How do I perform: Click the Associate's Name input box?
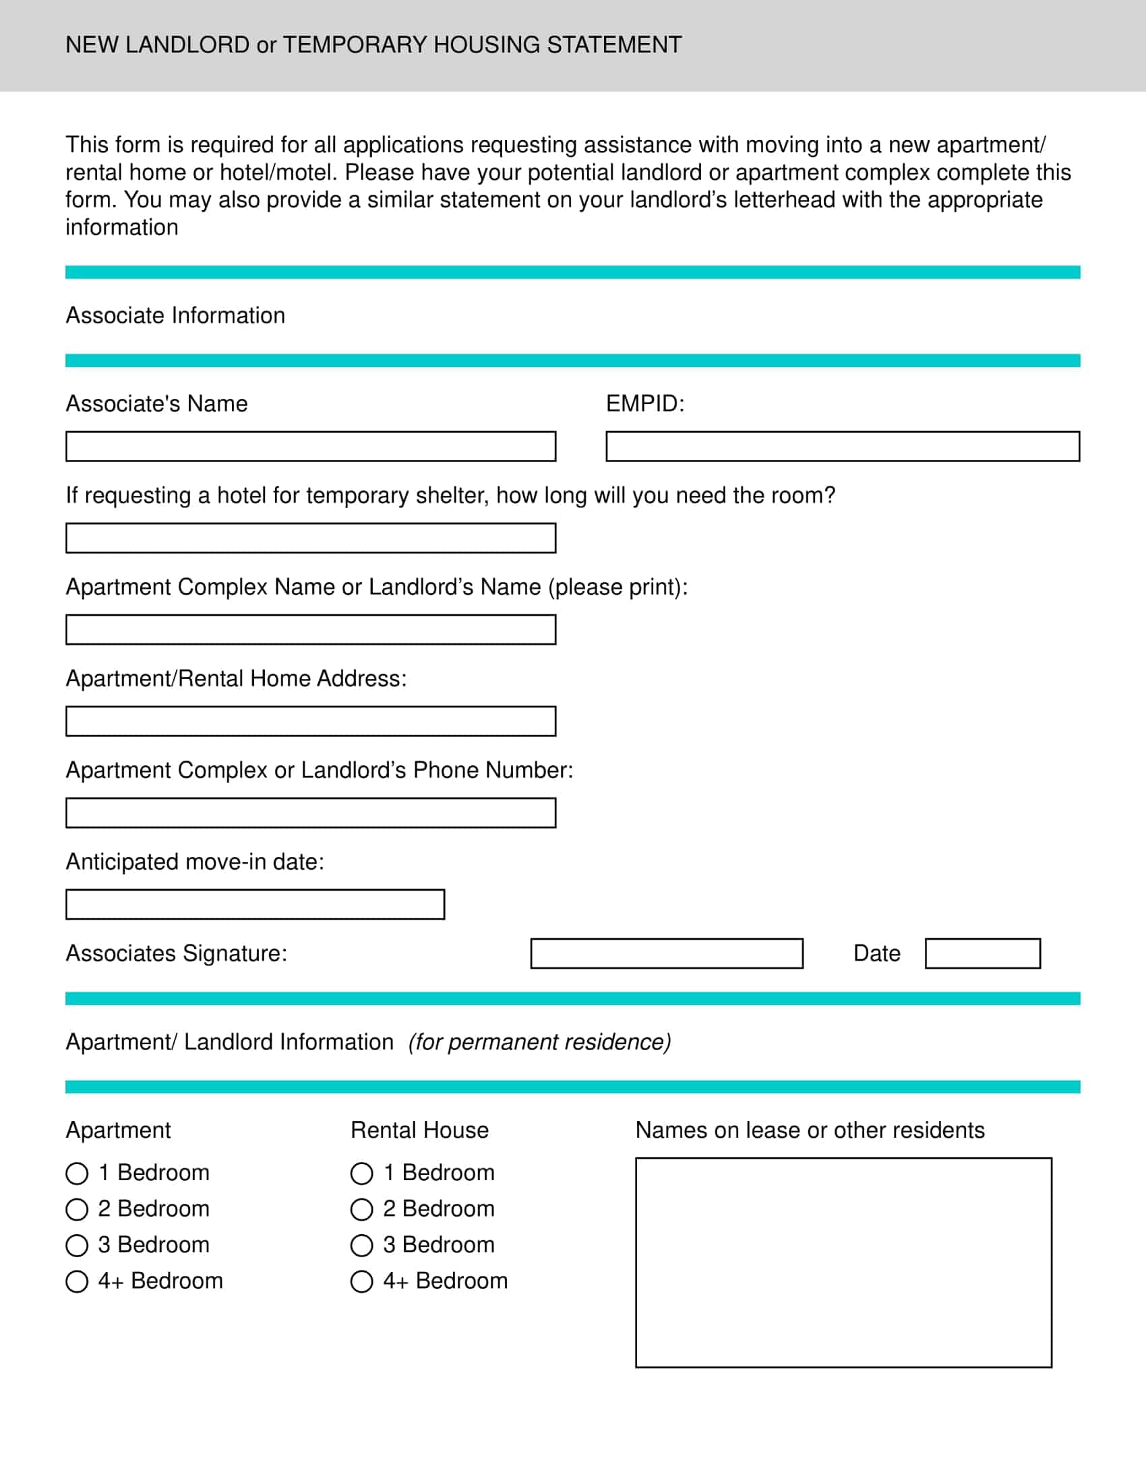310,447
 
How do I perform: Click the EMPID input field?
842,447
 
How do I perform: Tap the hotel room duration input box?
310,538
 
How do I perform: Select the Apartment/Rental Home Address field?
310,721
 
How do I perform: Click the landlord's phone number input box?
310,813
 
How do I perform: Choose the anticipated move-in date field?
255,905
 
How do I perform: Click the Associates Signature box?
666,953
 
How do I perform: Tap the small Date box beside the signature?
982,953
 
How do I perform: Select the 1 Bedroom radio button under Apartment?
77,1173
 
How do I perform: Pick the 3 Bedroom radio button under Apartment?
77,1245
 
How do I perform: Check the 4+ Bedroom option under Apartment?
77,1281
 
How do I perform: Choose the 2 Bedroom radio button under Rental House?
361,1209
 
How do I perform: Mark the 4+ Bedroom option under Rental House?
361,1281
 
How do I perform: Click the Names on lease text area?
843,1262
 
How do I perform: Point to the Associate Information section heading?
175,315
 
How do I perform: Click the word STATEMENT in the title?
613,44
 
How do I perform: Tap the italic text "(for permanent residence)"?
539,1041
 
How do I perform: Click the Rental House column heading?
419,1130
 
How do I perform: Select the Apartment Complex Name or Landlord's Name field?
310,630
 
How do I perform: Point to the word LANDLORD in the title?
187,44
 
